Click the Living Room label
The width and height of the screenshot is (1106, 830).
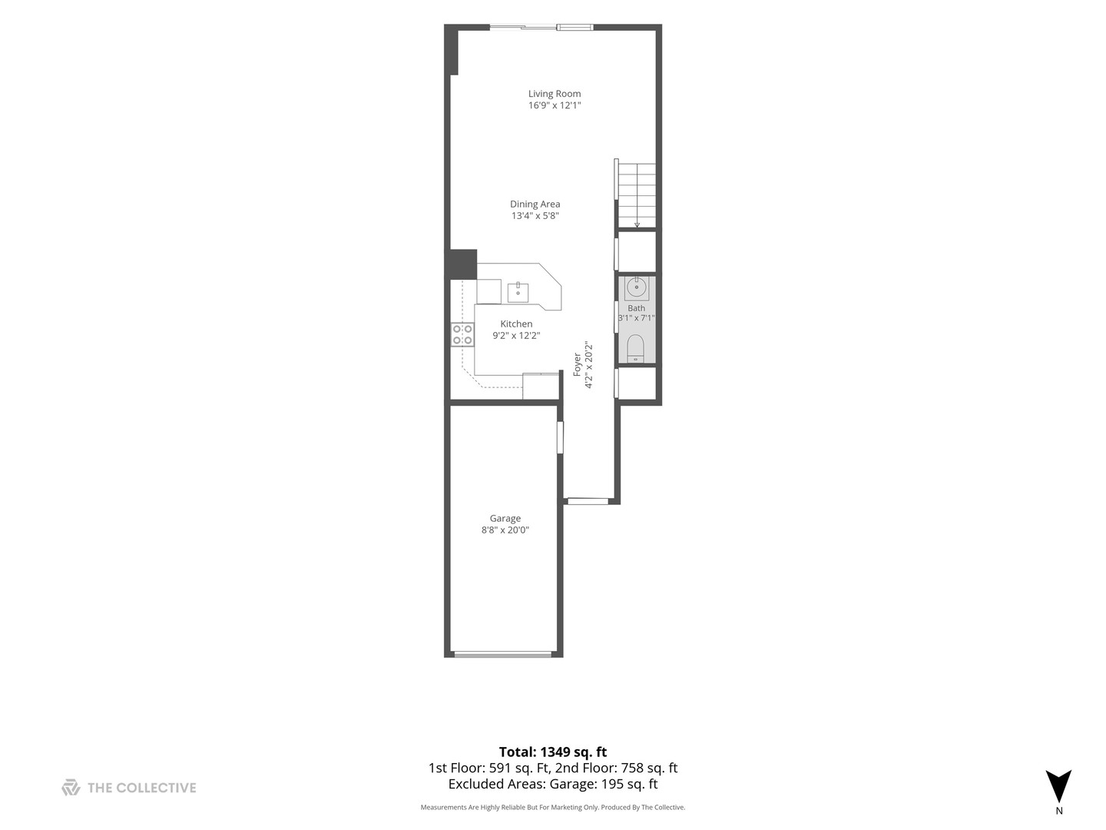[555, 93]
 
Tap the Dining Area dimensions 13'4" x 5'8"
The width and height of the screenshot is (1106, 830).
[535, 216]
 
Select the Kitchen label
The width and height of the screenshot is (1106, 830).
[516, 324]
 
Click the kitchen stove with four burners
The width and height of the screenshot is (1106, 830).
[462, 334]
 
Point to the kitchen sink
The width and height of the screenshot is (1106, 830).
[518, 292]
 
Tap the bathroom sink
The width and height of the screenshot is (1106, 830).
[637, 287]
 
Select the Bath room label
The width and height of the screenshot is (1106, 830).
[636, 308]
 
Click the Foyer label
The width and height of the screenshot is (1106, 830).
[577, 364]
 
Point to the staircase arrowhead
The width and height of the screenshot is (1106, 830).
[637, 224]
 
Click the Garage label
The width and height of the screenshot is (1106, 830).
[505, 518]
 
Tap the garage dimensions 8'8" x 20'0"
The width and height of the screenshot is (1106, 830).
[505, 530]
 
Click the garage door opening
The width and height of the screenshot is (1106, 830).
[503, 655]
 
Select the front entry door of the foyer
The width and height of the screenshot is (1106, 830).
[588, 501]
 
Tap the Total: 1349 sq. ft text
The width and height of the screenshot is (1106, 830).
[553, 752]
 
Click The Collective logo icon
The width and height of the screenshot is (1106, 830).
[71, 787]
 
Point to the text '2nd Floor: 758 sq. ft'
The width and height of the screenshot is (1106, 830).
[616, 768]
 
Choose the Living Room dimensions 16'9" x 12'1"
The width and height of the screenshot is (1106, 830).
[555, 105]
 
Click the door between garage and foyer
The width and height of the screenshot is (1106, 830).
[560, 437]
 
